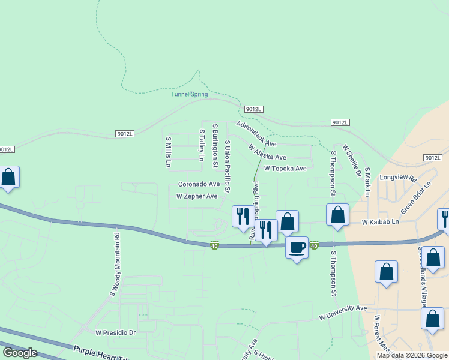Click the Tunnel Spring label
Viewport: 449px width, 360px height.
[189, 94]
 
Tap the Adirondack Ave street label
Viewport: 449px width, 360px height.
[256, 134]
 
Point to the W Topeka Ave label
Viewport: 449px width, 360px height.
[285, 169]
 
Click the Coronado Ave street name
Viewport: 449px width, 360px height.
[199, 184]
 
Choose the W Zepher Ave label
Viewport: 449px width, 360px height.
[196, 196]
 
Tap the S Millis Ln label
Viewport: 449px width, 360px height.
[169, 152]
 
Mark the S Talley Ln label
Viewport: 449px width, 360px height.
[202, 146]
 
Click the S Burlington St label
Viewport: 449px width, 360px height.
[214, 142]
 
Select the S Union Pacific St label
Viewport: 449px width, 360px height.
[227, 167]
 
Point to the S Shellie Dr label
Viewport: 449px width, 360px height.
[352, 160]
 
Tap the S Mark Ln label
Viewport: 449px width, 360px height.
[367, 182]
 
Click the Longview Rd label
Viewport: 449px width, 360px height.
[398, 178]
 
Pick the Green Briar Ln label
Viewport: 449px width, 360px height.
[417, 198]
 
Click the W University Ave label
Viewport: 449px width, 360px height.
[342, 312]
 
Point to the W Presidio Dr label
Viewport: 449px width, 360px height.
[116, 332]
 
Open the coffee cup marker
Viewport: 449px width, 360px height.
[297, 247]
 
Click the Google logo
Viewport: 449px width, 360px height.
[20, 352]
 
